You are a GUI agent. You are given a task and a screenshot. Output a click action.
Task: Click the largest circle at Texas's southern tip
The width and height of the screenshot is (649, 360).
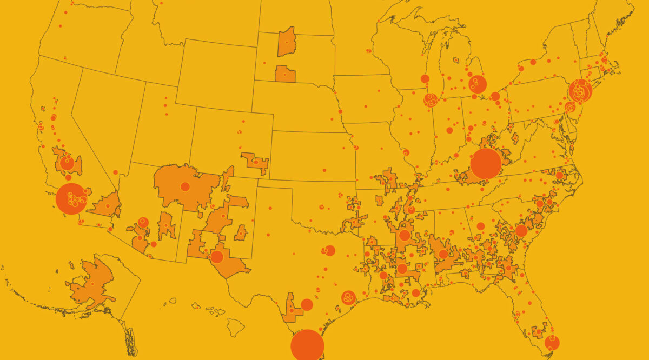(307, 345)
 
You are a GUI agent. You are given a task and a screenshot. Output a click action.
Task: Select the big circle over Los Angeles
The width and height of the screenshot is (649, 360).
(71, 199)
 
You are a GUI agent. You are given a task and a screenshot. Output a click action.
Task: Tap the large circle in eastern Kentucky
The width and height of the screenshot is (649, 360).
(486, 163)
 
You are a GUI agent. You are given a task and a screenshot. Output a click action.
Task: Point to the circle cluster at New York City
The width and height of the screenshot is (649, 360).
(580, 91)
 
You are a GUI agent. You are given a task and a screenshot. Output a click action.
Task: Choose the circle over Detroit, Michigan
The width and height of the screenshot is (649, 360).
(477, 84)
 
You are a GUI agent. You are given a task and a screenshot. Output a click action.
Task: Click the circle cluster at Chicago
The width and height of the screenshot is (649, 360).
(431, 100)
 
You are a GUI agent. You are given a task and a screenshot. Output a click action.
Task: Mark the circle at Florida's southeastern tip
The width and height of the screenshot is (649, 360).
(552, 343)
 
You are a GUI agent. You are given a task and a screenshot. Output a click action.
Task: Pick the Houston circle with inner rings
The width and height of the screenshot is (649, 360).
(348, 297)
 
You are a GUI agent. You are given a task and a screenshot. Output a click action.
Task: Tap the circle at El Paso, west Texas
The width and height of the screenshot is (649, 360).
(217, 257)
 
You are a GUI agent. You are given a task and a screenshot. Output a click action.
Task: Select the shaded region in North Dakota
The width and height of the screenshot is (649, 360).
(286, 42)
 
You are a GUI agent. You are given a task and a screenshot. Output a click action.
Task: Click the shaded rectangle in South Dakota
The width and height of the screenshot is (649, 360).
(284, 74)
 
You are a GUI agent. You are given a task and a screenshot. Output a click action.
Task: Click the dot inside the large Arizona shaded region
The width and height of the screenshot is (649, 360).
(185, 186)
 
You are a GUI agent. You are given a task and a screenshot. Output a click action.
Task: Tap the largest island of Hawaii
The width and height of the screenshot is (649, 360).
(235, 326)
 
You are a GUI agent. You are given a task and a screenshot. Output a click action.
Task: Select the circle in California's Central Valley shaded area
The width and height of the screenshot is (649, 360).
(67, 162)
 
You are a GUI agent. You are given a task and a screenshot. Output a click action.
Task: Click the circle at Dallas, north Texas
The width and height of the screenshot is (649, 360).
(330, 251)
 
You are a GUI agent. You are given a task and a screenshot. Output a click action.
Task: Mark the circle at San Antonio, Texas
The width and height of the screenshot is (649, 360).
(307, 304)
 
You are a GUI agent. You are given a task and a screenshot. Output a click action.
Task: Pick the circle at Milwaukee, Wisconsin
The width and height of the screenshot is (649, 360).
(425, 79)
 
